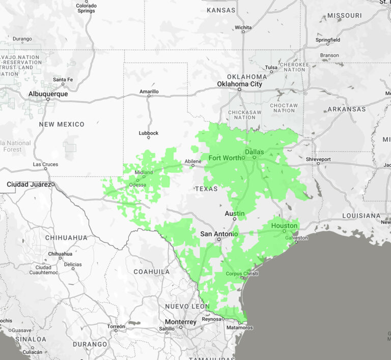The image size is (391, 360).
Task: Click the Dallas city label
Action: pos(254,152)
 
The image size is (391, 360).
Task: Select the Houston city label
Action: pos(284,225)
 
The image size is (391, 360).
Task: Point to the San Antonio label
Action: pos(219,234)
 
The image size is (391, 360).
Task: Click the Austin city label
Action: pos(235,214)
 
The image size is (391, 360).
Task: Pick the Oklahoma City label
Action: pos(239,84)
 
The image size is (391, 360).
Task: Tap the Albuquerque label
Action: pos(48,94)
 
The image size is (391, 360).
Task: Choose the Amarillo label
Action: pos(149,92)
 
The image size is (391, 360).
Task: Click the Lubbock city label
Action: pos(149,133)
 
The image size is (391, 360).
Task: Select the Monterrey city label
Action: pos(180,322)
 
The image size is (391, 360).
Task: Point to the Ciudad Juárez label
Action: pos(29,184)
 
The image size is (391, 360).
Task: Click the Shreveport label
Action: pos(318,159)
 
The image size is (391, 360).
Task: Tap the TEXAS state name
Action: pos(206,189)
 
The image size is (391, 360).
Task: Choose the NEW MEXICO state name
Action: pos(62,124)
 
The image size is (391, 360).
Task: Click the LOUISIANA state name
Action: pos(360,216)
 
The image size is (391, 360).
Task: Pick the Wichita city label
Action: pos(243,27)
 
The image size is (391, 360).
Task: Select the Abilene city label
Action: pos(193,161)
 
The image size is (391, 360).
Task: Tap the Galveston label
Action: pos(297,237)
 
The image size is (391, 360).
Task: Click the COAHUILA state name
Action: pos(152,272)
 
